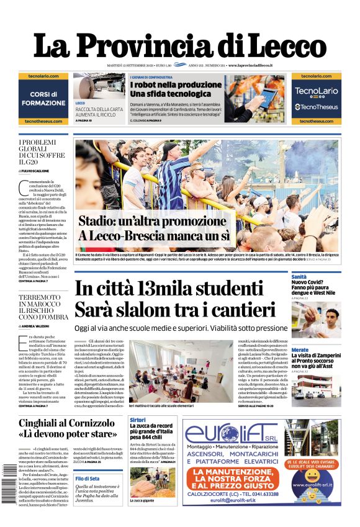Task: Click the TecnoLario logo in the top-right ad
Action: (x=316, y=91)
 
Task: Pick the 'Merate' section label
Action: (x=300, y=350)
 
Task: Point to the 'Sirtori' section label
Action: (x=138, y=420)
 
